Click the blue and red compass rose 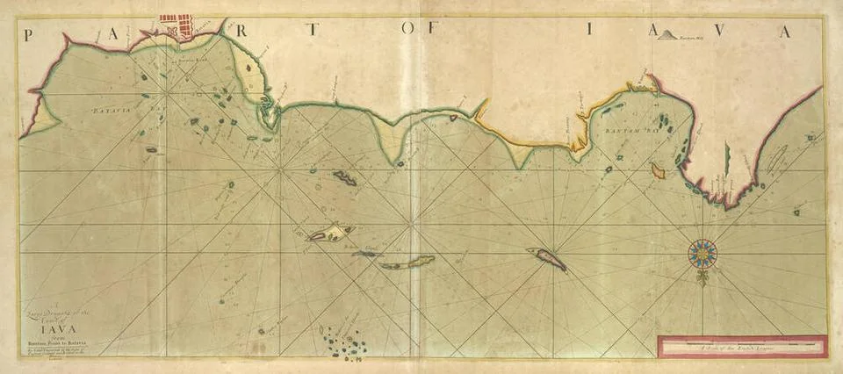[x=702, y=254]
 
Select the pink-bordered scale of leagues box [x=741, y=346]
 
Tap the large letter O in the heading [x=409, y=30]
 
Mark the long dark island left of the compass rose [x=546, y=258]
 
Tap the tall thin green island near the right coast [x=726, y=158]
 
